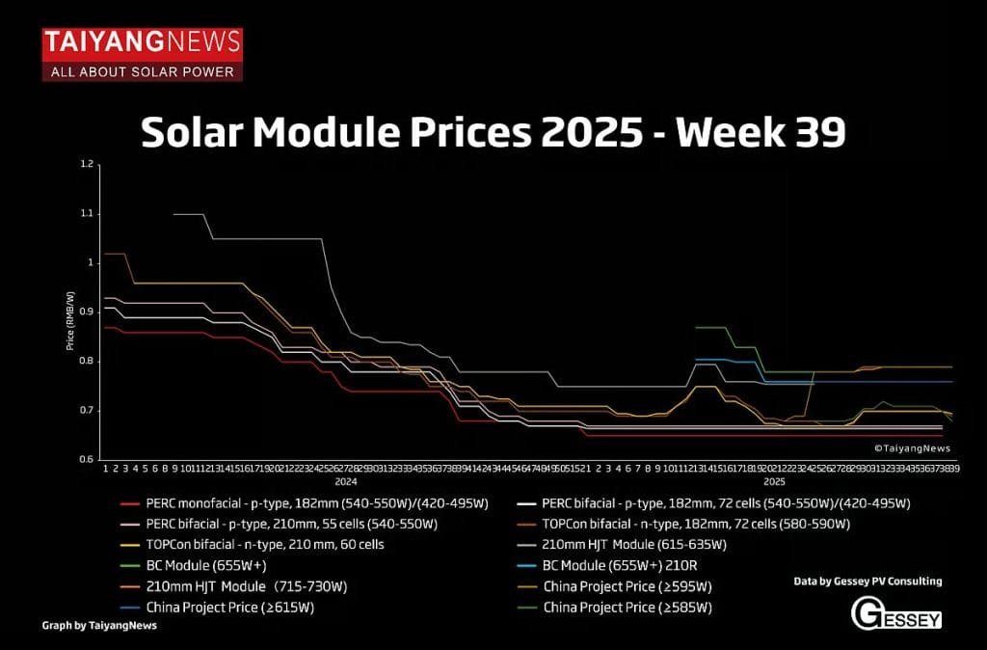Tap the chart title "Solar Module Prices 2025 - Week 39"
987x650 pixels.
(x=493, y=132)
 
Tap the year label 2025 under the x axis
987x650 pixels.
(x=774, y=480)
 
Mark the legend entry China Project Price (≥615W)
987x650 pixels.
(x=229, y=607)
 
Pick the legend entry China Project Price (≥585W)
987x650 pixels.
(x=627, y=607)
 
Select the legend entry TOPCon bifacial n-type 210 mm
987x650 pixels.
(x=265, y=544)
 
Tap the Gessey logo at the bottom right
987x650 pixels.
(x=896, y=613)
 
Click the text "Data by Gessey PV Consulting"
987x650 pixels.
(x=867, y=582)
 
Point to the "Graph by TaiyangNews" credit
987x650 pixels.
(x=98, y=625)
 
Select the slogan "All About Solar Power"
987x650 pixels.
(x=142, y=71)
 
